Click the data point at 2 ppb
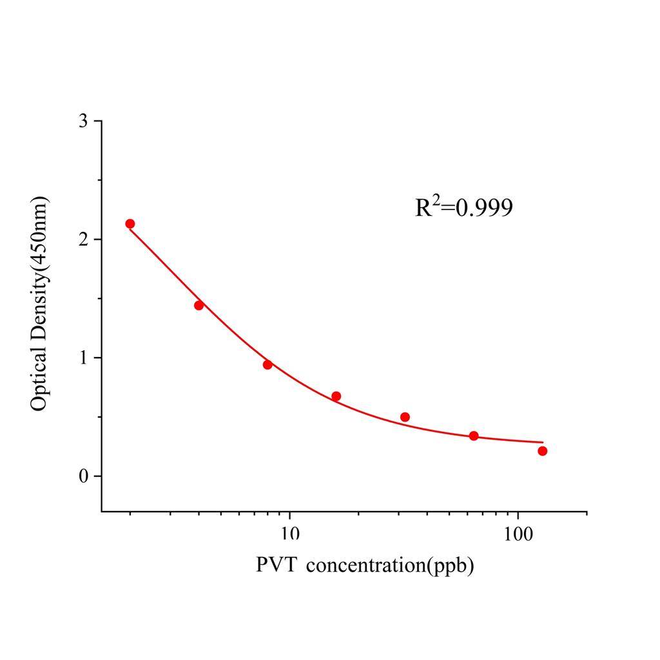[130, 224]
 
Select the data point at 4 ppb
[199, 306]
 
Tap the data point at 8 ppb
[267, 365]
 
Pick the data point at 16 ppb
[336, 396]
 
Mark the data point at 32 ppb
[405, 417]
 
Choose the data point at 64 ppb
[474, 436]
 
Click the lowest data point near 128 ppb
[542, 451]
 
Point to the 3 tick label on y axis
[82, 121]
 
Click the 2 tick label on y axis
[82, 239]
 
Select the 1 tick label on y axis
[82, 358]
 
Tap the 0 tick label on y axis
[82, 476]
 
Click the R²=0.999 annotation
[464, 207]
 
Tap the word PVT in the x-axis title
[277, 565]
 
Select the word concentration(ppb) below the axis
[390, 566]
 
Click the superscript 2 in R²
[438, 200]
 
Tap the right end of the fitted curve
[543, 442]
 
